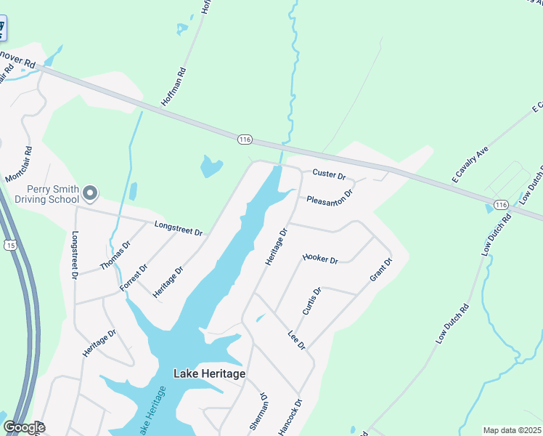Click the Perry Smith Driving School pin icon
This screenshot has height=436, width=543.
(90, 193)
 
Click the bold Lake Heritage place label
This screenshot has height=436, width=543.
(209, 374)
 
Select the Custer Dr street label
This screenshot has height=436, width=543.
(329, 175)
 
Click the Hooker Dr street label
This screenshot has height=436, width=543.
(320, 258)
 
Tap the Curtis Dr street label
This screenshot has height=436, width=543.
(312, 300)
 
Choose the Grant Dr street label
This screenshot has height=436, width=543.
(380, 270)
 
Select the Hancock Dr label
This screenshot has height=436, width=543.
(288, 417)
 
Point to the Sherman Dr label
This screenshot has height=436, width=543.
(258, 413)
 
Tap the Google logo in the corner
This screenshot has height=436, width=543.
(24, 427)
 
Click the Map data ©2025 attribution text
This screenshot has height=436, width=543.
(513, 430)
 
